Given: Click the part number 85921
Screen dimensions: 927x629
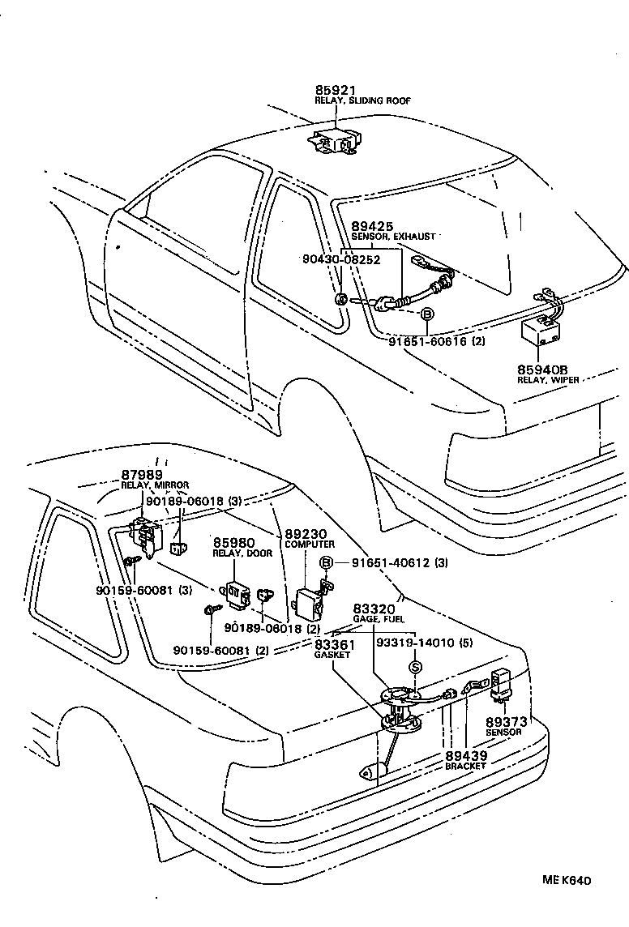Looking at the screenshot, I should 336,90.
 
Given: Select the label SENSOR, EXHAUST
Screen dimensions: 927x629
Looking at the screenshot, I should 393,237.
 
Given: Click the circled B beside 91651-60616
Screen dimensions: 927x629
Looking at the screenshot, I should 426,314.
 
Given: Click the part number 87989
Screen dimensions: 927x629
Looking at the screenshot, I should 142,474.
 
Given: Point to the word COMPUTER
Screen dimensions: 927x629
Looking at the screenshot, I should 309,545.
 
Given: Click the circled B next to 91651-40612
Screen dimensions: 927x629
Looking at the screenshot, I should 327,563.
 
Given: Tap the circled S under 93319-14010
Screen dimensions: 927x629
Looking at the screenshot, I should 416,667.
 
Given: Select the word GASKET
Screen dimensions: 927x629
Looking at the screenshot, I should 332,655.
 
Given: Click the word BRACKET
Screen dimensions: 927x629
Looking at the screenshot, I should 465,766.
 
